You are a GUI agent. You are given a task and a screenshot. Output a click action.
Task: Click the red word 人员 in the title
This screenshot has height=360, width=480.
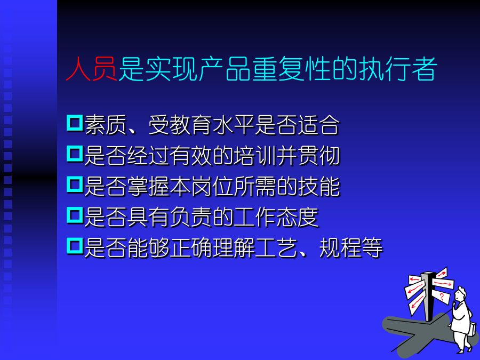91,69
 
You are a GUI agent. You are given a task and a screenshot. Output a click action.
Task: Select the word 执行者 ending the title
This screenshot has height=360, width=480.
397,69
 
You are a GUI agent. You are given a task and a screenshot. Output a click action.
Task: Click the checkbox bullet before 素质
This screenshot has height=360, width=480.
75,123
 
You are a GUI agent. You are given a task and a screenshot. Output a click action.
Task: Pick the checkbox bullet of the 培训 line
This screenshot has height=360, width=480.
75,154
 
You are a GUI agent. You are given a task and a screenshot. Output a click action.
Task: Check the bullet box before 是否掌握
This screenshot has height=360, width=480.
75,185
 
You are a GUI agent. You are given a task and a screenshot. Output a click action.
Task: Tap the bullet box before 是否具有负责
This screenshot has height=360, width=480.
75,215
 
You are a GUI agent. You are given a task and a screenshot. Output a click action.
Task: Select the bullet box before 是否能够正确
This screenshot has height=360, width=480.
75,246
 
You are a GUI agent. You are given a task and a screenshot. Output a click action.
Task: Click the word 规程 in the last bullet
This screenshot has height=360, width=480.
340,247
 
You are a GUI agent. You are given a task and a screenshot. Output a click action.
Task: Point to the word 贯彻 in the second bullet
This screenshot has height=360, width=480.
319,156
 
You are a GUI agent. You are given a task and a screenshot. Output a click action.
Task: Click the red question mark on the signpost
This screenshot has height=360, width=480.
442,296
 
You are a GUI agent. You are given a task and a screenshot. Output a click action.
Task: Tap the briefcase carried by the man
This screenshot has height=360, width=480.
473,330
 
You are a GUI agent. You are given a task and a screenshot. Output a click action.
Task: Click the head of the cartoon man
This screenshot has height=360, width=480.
460,294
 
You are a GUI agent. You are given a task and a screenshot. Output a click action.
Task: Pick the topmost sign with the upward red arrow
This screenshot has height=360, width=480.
442,273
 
